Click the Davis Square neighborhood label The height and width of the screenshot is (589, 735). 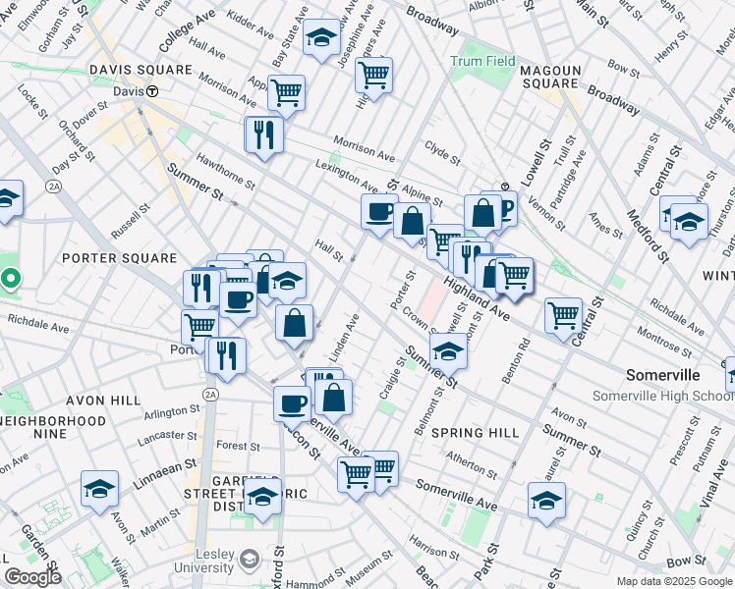coord(141,71)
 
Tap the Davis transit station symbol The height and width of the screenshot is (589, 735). coord(153,90)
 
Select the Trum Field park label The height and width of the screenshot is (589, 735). coord(482,61)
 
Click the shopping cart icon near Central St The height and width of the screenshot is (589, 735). coord(563,315)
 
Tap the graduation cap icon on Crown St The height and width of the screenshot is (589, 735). coord(448,348)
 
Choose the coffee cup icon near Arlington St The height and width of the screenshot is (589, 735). coord(291,402)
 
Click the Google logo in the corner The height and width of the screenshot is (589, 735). coord(32,576)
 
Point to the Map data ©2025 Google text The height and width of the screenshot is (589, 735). coord(674,581)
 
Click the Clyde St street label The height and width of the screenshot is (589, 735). coord(442,154)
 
